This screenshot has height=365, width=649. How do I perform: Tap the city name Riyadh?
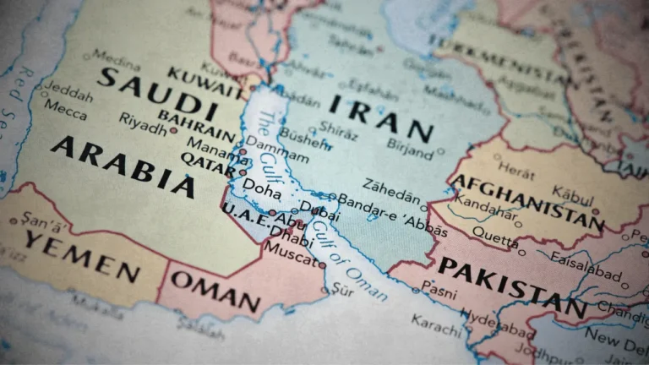point(143,123)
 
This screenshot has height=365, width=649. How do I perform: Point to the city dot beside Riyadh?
point(173,131)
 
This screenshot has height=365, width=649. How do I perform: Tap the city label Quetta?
point(494,234)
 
